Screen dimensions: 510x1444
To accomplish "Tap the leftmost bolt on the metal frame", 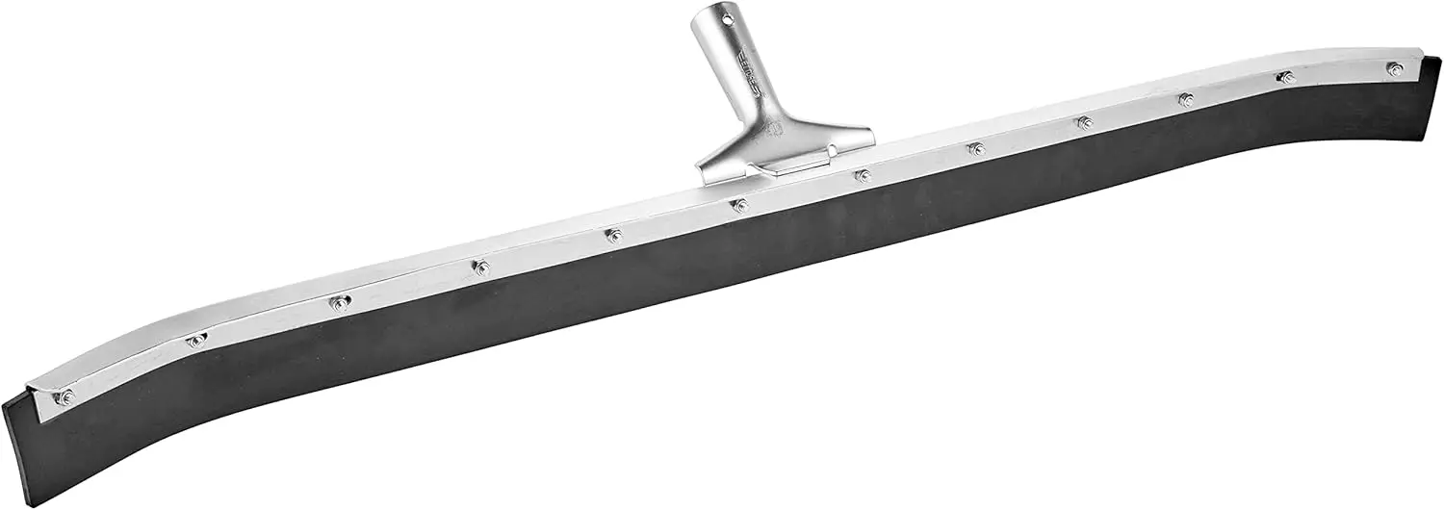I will (65, 396).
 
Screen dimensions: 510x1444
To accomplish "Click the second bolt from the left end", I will (198, 340).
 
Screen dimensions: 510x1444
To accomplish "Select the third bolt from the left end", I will (339, 302).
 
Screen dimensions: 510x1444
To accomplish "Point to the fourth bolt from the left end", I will (481, 268).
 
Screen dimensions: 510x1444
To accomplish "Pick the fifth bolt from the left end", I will (613, 235).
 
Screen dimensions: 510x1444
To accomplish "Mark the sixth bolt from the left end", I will (739, 205).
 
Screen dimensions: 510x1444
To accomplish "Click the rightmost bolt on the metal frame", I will (1394, 68).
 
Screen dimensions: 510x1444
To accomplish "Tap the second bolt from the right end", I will (1285, 77).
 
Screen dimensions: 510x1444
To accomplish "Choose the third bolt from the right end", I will (1186, 99).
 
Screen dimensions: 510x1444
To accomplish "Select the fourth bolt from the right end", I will (1084, 122).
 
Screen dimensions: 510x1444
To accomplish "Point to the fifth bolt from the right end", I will (976, 148).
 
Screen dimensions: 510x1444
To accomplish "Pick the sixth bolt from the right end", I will (863, 176).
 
